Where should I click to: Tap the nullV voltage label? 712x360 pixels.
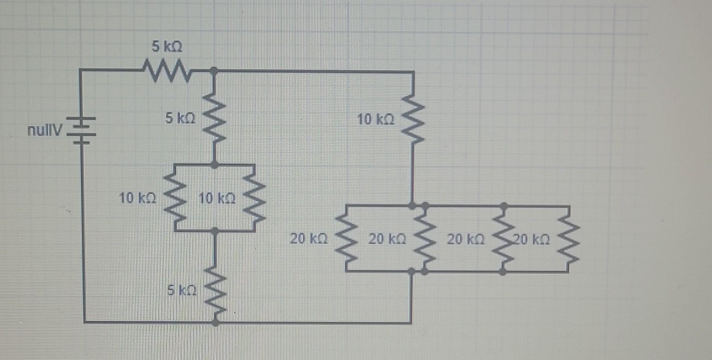[44, 131]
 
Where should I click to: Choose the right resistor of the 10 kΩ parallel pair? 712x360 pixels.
[254, 198]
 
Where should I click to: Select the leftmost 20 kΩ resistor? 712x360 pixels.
[346, 239]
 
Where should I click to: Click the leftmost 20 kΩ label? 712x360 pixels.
[309, 239]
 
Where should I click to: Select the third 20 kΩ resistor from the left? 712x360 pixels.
[503, 239]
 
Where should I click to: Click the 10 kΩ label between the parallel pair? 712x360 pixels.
[216, 199]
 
